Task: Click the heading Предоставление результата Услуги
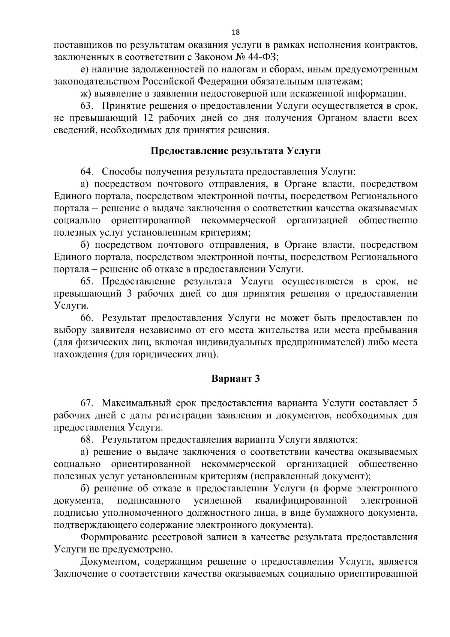(x=236, y=151)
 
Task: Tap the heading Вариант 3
(x=236, y=378)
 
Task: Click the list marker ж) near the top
(x=86, y=94)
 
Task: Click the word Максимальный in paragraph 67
(x=136, y=403)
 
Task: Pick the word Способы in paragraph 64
(x=121, y=172)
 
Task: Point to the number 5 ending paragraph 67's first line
(x=414, y=403)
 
